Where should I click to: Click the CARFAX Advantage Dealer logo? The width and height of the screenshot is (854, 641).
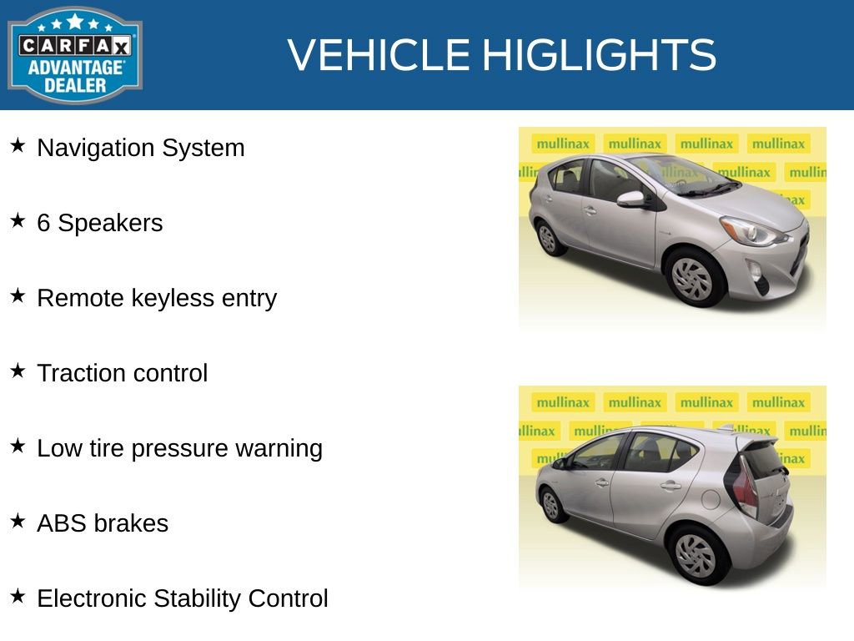(x=74, y=55)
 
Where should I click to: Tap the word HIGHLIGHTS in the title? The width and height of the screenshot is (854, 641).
(x=599, y=55)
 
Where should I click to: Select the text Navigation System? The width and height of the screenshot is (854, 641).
(x=141, y=148)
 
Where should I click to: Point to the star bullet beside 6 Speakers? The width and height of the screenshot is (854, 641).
(x=18, y=221)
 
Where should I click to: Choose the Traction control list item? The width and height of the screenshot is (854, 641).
(x=122, y=373)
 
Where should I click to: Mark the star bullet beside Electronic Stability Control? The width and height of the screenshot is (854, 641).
(x=18, y=597)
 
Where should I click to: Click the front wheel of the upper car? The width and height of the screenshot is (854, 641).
(x=692, y=278)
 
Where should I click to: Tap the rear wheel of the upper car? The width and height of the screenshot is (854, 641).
(x=548, y=238)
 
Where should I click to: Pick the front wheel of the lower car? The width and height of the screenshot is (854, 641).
(x=550, y=504)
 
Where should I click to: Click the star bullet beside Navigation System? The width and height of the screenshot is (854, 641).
(x=18, y=146)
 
